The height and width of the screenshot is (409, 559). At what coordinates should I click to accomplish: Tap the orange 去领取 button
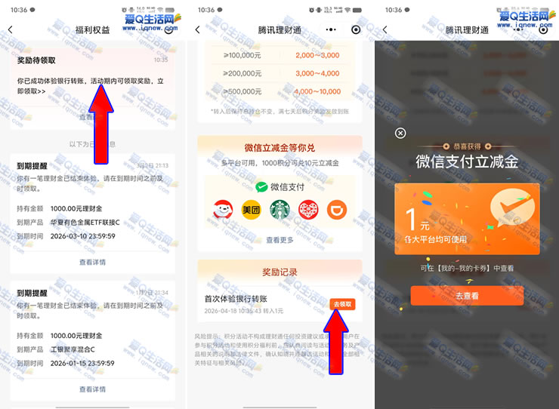coord(343,304)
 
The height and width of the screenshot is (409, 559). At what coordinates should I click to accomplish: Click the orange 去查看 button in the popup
coord(466,296)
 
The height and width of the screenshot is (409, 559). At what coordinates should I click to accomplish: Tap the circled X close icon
coord(400,133)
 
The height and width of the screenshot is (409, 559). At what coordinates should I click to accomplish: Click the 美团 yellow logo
coord(251,211)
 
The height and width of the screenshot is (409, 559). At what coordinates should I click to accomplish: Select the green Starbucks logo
coord(279,211)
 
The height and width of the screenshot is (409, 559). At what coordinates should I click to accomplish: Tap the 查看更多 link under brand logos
coord(279,240)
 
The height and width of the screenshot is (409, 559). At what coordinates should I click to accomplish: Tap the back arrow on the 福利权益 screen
coord(11,29)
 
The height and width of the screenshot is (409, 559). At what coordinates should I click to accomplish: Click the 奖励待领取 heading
coord(36,60)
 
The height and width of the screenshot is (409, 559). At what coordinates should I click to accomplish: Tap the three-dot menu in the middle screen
coord(331,29)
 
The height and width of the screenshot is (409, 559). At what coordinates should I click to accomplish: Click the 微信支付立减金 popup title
coord(466,161)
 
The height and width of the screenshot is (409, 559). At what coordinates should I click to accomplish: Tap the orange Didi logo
coord(337,211)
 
